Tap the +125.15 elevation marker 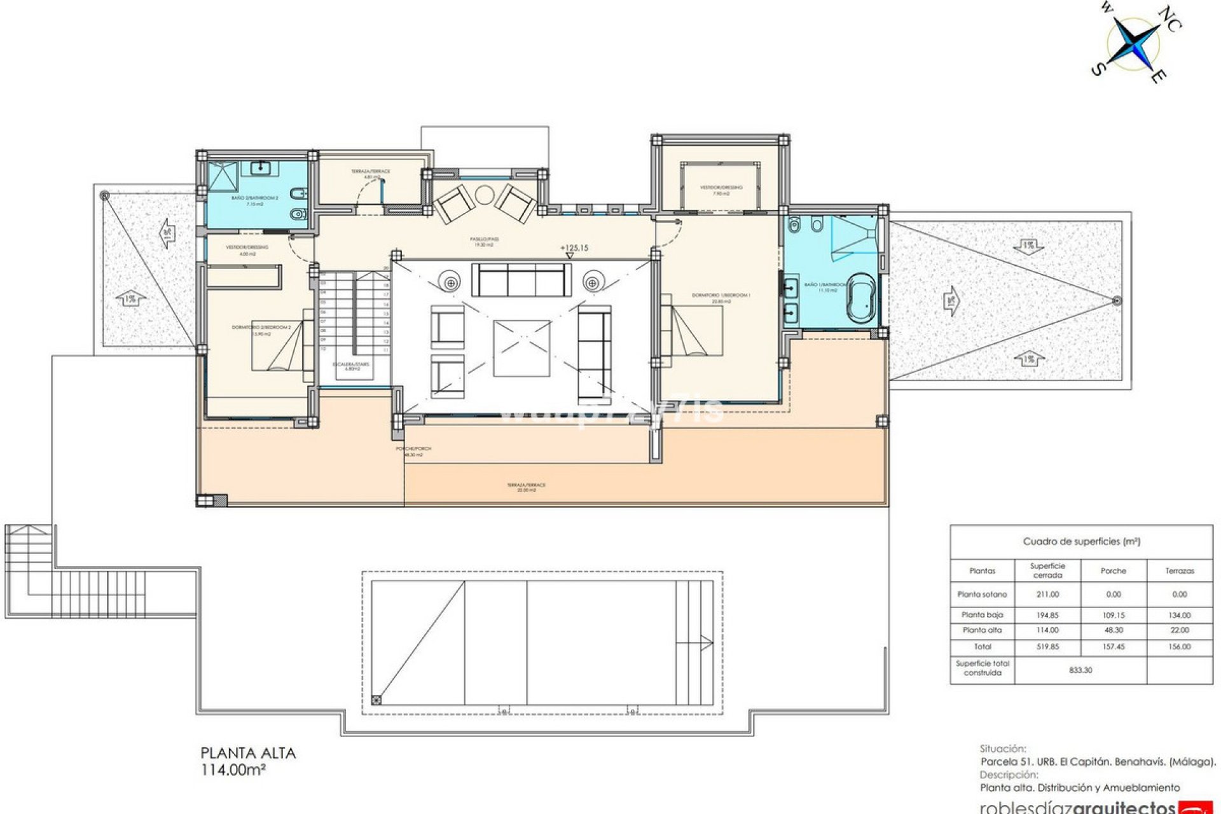tap(574, 248)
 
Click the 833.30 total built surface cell tap(1080, 670)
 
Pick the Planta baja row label tap(982, 615)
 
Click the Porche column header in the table tap(1113, 570)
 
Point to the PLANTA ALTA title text tap(248, 754)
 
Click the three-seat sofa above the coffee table tap(521, 280)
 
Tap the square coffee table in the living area tap(521, 348)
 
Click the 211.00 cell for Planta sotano tap(1047, 594)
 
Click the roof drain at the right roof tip tap(1117, 300)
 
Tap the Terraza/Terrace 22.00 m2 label tap(526, 487)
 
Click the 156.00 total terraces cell tap(1179, 646)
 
